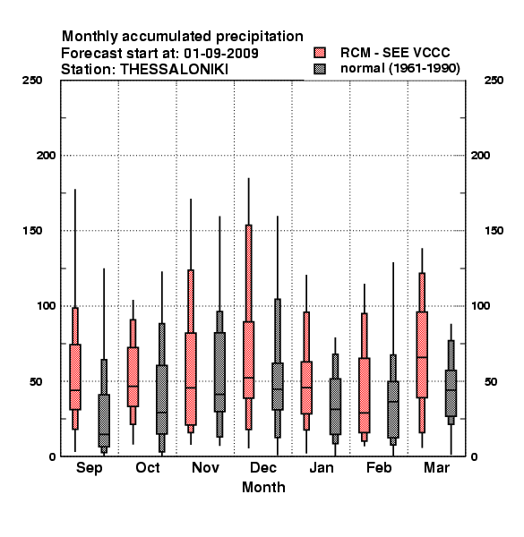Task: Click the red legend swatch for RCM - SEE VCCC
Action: click(320, 53)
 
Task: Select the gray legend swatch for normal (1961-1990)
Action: click(320, 69)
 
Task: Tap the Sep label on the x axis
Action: click(89, 468)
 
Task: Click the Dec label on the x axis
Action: click(263, 467)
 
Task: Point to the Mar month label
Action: click(436, 467)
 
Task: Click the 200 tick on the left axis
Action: click(46, 156)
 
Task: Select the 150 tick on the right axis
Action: click(494, 231)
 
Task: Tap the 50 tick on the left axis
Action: click(36, 381)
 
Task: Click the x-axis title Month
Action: click(263, 488)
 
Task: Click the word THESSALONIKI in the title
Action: click(174, 70)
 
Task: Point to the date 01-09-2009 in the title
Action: click(221, 54)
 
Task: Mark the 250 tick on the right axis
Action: click(494, 81)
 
